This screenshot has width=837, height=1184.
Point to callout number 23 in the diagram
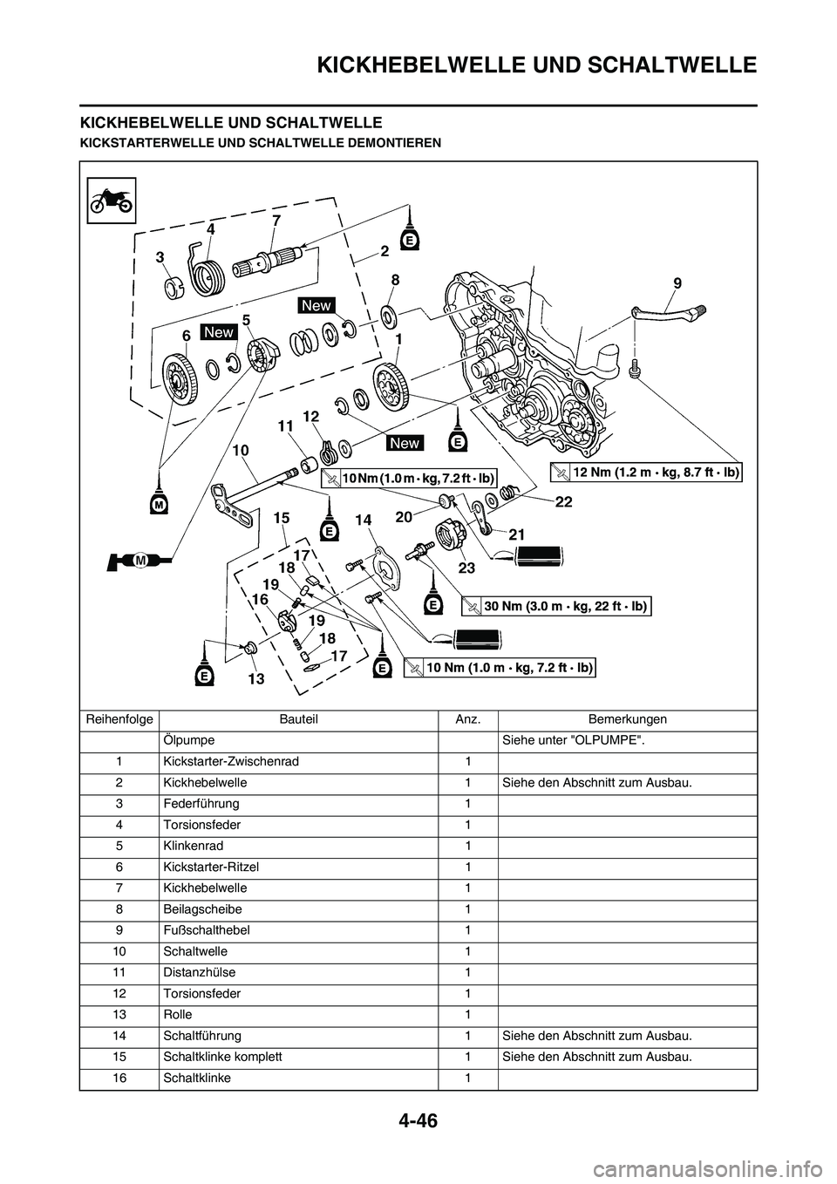click(x=466, y=567)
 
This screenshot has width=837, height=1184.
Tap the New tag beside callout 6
click(x=219, y=332)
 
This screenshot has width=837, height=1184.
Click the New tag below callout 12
click(x=405, y=443)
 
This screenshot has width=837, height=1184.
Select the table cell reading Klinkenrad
click(x=193, y=846)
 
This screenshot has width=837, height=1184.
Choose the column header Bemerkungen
click(x=627, y=719)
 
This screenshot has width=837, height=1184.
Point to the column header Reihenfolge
click(x=119, y=719)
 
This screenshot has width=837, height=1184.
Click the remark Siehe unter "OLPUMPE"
click(x=573, y=740)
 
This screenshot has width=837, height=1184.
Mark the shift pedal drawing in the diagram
click(x=667, y=307)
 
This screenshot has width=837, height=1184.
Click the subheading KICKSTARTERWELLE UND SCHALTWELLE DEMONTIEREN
click(x=261, y=141)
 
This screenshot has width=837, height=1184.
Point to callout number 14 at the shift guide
click(x=363, y=520)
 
